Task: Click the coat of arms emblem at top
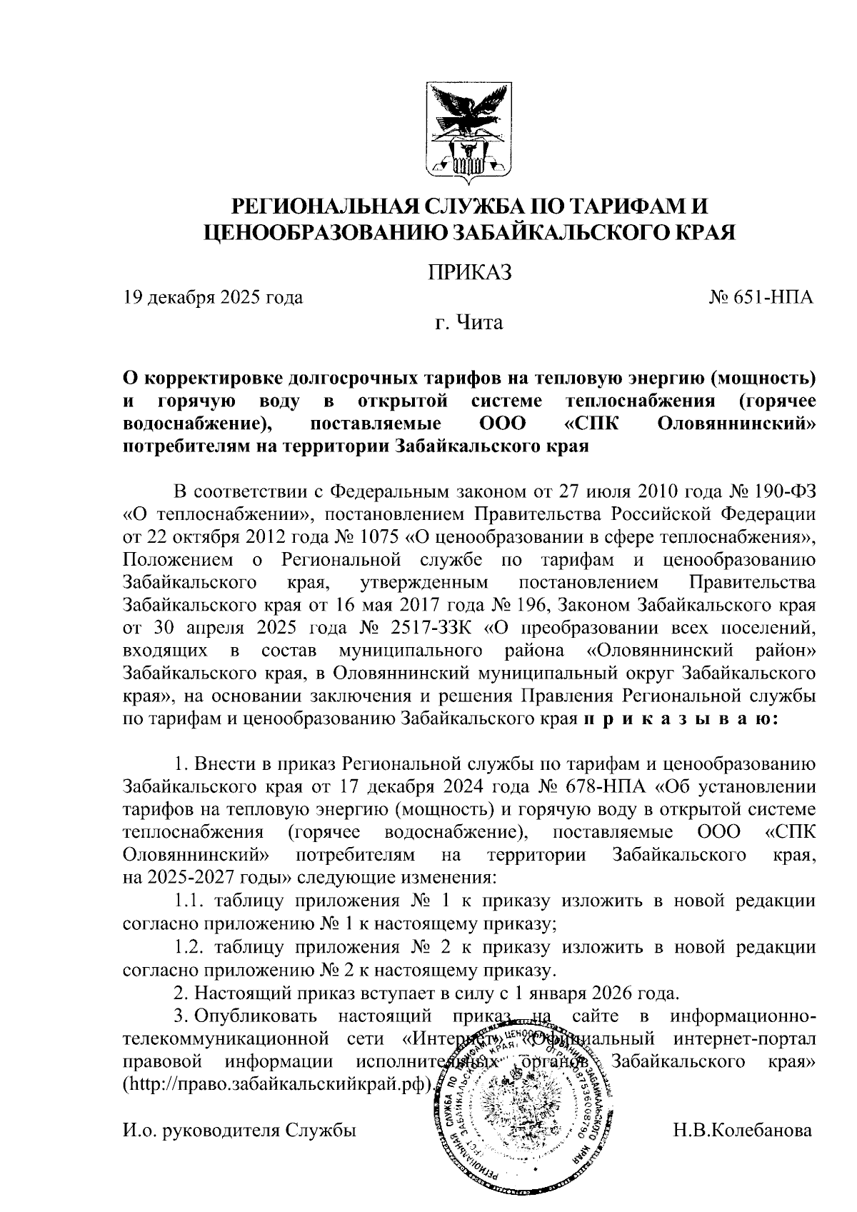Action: coord(470,129)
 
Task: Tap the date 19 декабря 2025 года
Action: coord(213,297)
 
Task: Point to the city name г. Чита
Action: coord(469,324)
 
